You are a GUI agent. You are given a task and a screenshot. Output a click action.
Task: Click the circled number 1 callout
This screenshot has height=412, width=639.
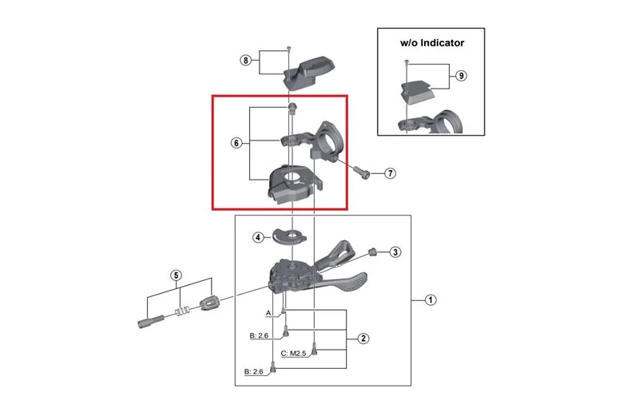click(431, 300)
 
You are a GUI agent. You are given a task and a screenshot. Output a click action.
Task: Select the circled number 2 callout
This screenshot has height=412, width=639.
click(363, 339)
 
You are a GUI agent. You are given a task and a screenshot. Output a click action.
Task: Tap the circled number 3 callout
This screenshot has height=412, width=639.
click(395, 252)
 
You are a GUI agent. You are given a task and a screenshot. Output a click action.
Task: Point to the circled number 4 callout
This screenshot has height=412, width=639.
click(258, 237)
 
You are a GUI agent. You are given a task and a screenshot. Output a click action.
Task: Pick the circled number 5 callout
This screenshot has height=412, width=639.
click(176, 275)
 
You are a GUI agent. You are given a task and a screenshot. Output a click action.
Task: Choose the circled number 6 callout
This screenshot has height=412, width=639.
click(236, 143)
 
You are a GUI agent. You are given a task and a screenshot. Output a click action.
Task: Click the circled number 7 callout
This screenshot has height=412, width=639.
click(390, 173)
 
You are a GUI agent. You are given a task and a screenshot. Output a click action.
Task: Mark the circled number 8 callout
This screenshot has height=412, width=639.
click(245, 61)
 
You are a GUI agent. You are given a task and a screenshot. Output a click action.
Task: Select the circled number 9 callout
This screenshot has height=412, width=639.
click(461, 76)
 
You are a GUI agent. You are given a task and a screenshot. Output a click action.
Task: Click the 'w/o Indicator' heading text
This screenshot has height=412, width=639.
click(432, 43)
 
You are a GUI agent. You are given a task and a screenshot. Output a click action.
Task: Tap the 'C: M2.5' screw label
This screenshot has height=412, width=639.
click(293, 354)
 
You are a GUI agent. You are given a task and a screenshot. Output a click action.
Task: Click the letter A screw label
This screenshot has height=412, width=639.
click(268, 313)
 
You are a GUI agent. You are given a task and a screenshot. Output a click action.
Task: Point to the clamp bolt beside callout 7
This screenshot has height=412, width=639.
click(361, 172)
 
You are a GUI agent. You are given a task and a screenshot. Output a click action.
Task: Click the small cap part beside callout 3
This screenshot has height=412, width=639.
click(371, 251)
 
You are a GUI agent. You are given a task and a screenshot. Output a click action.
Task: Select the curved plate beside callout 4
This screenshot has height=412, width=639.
click(289, 236)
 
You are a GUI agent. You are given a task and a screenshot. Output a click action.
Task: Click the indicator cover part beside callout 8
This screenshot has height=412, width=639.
click(308, 73)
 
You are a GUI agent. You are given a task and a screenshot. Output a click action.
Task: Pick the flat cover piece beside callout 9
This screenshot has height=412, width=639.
click(416, 92)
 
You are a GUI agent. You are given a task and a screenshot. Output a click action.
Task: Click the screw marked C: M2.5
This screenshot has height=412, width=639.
click(314, 349)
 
